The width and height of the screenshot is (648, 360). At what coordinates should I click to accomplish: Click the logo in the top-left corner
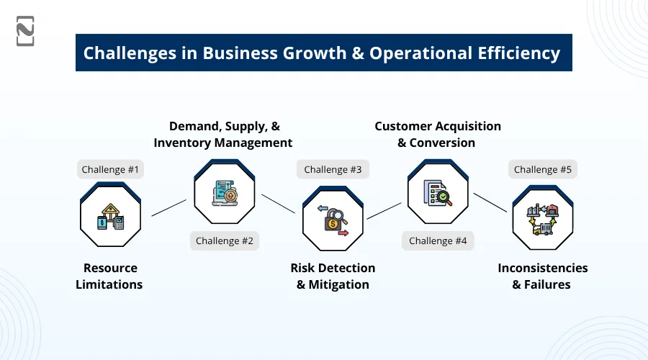click(x=25, y=31)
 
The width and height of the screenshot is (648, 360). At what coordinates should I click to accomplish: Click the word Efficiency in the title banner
click(x=518, y=53)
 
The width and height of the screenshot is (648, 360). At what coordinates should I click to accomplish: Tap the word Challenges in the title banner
click(x=130, y=53)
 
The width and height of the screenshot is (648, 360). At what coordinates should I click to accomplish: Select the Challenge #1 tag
click(x=110, y=169)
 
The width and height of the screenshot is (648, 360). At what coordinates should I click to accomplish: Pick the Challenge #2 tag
click(x=225, y=240)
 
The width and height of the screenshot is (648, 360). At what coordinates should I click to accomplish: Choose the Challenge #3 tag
click(x=333, y=169)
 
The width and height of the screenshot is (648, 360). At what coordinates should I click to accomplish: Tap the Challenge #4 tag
click(x=438, y=240)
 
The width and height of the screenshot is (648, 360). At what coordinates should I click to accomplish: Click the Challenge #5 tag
click(x=543, y=169)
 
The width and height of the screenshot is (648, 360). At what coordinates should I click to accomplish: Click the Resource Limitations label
click(x=109, y=276)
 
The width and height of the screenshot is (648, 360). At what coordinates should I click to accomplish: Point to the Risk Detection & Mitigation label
click(x=333, y=276)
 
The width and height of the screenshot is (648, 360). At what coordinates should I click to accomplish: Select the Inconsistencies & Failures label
click(x=543, y=276)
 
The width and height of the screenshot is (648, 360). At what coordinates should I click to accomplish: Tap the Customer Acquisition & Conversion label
click(x=438, y=135)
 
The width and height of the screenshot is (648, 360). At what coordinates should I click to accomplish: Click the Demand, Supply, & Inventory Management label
click(x=223, y=135)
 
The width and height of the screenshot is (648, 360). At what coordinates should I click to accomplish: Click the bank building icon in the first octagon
click(x=110, y=217)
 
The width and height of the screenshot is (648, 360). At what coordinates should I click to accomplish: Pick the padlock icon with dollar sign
click(x=333, y=221)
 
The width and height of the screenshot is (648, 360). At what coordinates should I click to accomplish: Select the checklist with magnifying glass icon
click(x=438, y=193)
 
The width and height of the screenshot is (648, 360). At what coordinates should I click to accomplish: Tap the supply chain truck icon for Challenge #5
click(x=543, y=219)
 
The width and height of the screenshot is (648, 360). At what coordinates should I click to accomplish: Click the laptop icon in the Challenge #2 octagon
click(x=225, y=193)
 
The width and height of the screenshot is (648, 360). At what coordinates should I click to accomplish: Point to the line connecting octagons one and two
click(x=169, y=208)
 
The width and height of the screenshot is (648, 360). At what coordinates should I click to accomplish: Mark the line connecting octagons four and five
click(x=490, y=202)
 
